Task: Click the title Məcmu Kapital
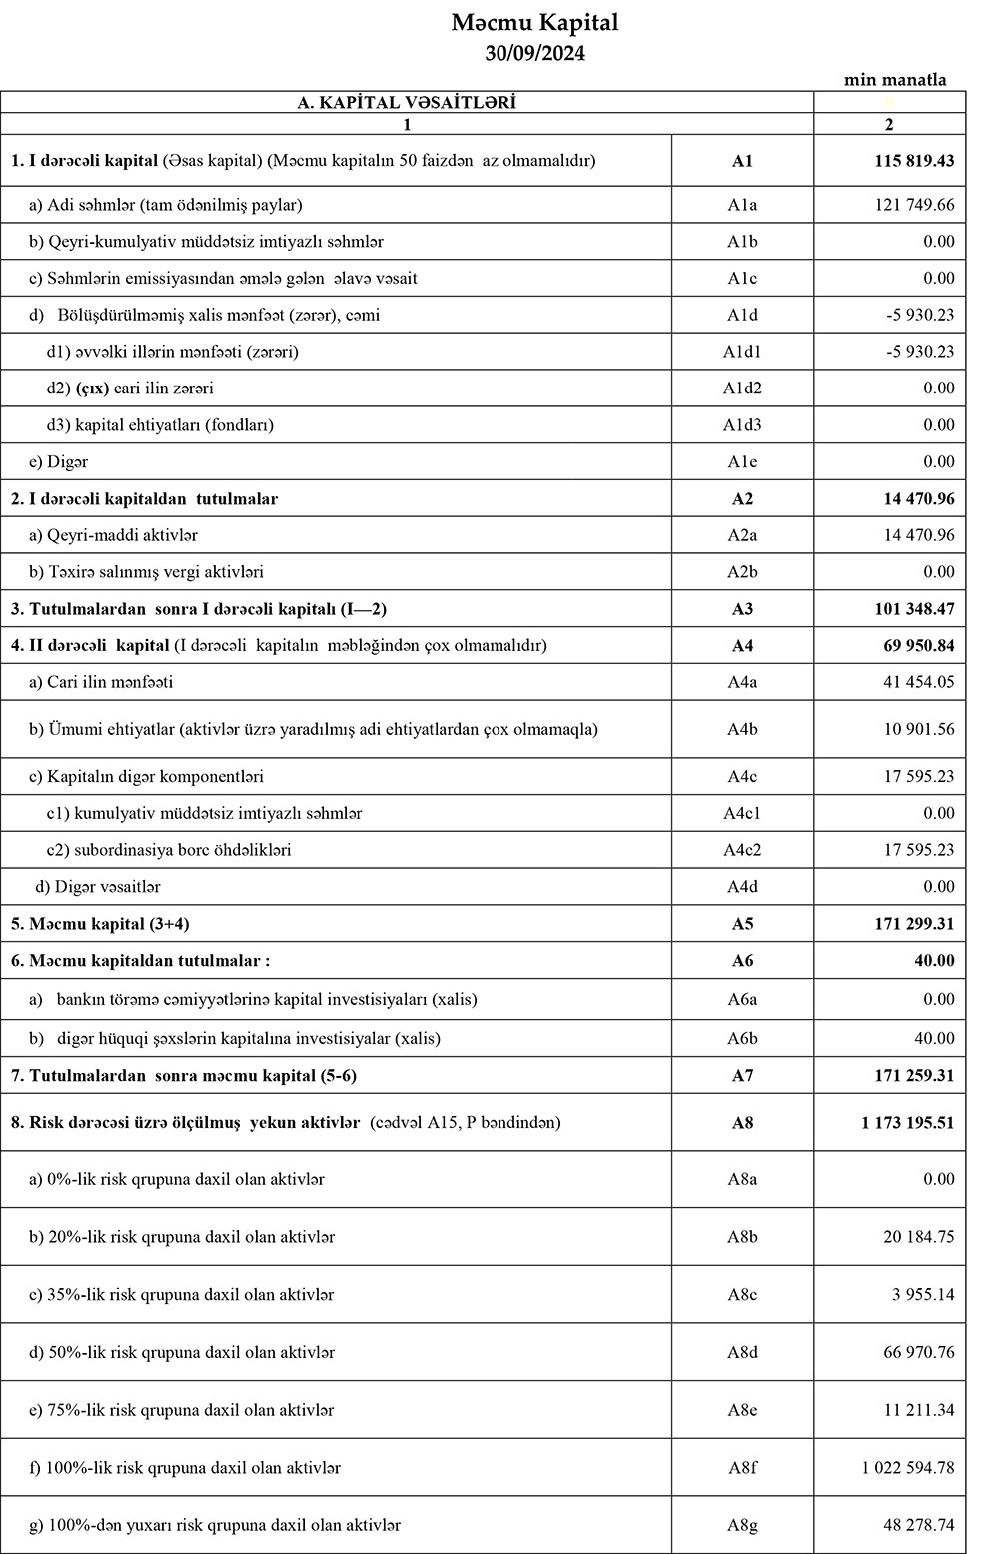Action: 534,22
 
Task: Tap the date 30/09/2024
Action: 534,54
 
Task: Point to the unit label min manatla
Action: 895,80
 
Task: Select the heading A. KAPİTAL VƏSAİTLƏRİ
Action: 407,102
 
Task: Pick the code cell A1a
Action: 742,205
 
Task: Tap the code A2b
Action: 742,572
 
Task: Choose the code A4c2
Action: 742,850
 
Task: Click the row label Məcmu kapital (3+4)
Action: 100,924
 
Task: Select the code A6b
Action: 742,1038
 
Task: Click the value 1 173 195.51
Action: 907,1123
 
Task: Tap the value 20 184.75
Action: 918,1237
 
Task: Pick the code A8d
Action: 742,1353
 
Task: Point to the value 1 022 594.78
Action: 907,1468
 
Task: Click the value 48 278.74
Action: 918,1525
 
